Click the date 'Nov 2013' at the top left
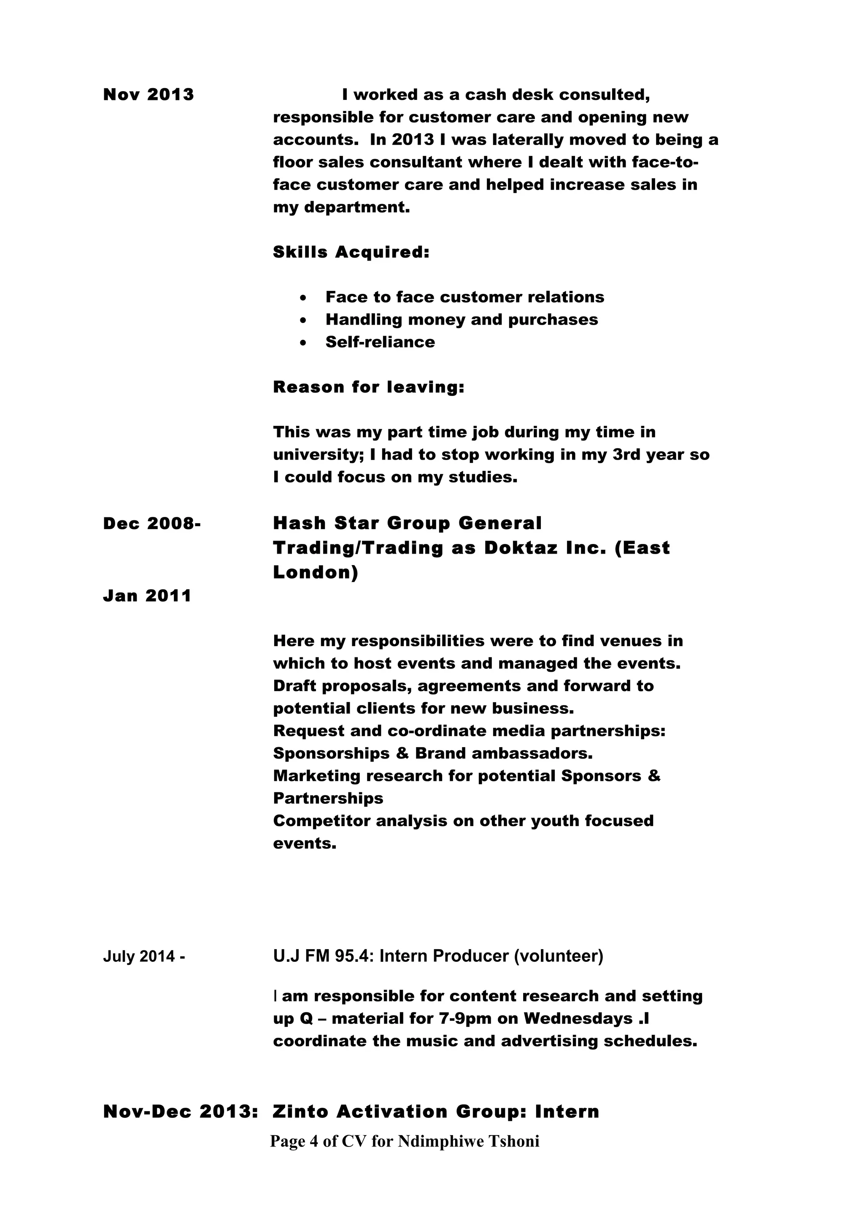(x=148, y=95)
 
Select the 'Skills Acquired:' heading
(x=351, y=252)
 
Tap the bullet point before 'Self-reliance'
(x=303, y=343)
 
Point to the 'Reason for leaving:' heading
(x=368, y=387)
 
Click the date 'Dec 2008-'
(x=152, y=523)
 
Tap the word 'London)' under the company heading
(x=316, y=572)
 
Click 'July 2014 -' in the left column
(x=144, y=956)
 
